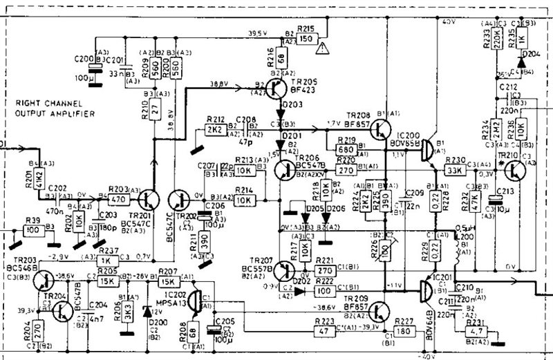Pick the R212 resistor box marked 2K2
point(214,129)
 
